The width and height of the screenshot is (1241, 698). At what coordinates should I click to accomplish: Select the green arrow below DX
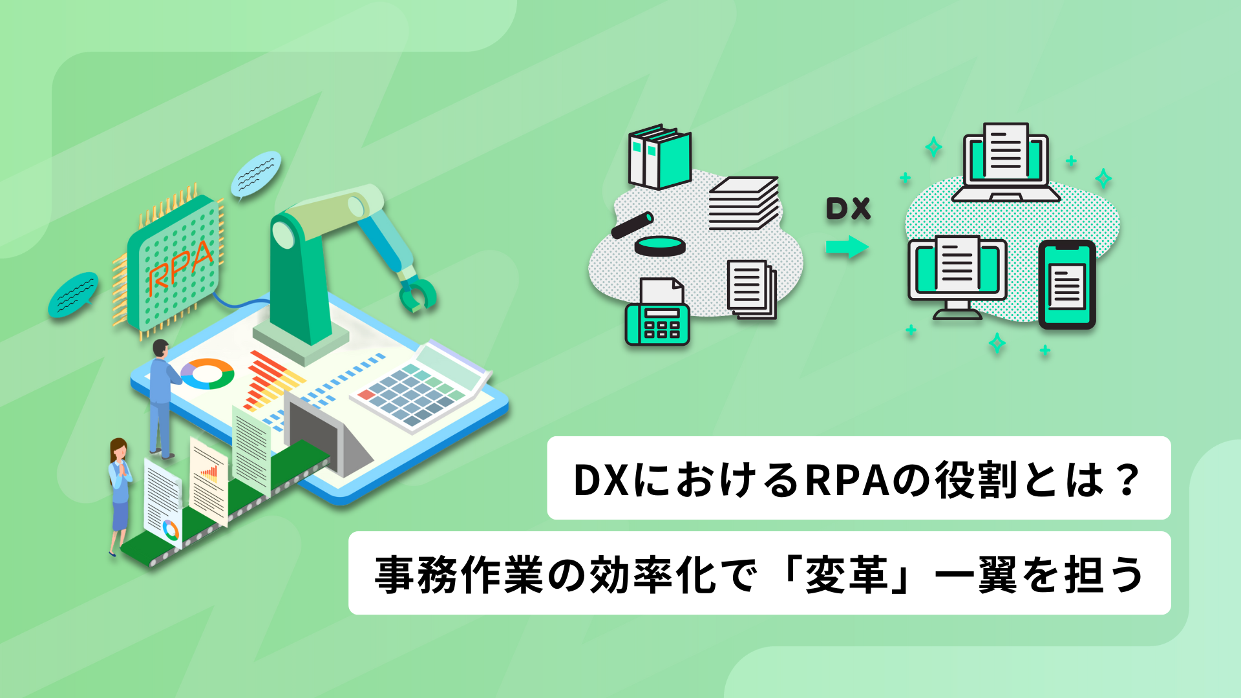pos(847,247)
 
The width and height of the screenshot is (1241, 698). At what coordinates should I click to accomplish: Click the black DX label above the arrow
pos(848,209)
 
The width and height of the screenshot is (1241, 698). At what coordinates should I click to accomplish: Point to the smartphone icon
pos(1066,284)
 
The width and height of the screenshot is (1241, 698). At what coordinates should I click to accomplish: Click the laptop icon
pos(1005,163)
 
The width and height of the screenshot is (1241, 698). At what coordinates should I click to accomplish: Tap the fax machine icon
pos(657,312)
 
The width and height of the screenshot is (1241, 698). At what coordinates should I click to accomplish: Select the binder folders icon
pos(659,157)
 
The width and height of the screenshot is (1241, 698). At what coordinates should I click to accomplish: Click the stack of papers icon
pos(744,203)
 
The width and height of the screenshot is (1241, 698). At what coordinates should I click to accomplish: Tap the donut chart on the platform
pos(207,374)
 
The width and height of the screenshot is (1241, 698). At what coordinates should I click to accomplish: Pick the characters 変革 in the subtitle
pos(846,574)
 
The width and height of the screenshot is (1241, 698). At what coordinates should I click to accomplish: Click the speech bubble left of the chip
pos(74,295)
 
